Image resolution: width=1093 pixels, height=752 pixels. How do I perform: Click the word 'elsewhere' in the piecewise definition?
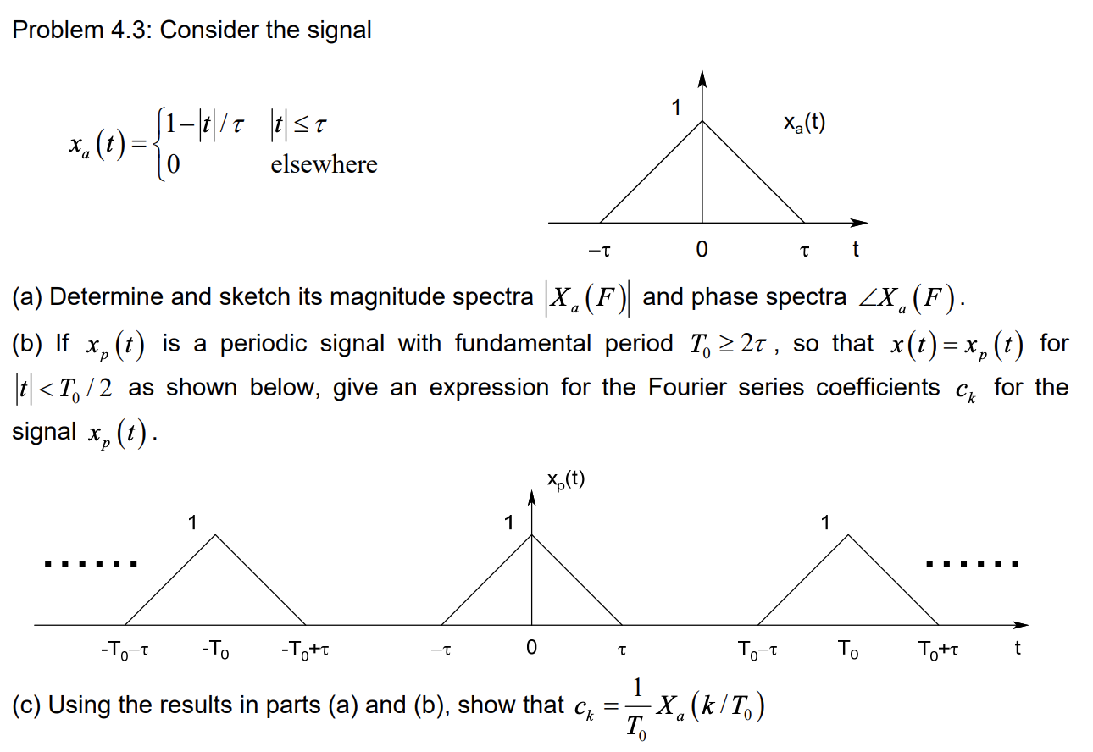[324, 164]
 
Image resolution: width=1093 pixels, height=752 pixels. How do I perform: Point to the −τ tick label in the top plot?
[599, 251]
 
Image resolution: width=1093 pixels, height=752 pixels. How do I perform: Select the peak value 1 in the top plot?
[676, 108]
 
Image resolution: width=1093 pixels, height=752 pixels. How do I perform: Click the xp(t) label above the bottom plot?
[565, 481]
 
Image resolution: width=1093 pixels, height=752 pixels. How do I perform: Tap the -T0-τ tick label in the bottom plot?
[125, 650]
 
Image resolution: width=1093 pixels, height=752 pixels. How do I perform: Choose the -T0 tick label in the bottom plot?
[216, 650]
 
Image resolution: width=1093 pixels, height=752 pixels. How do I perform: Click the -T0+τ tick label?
[304, 650]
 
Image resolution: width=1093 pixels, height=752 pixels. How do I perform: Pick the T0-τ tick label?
[757, 650]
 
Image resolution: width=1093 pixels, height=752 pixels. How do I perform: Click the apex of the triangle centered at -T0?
[216, 535]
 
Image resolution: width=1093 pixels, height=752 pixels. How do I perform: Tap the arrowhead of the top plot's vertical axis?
[702, 79]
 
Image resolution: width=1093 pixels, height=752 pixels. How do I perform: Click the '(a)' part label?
[27, 297]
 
